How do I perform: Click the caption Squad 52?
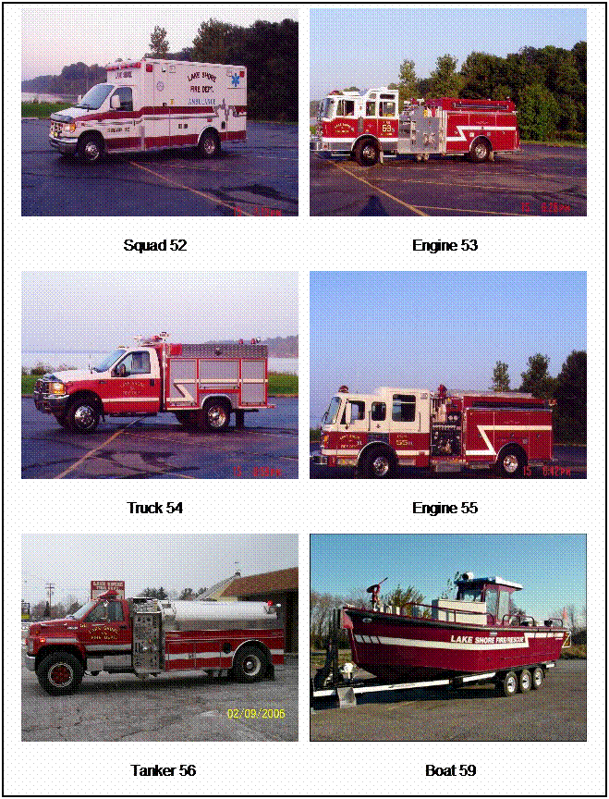[x=155, y=245]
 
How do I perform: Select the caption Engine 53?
[x=445, y=245]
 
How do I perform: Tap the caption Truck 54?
[x=155, y=508]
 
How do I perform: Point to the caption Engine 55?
[x=445, y=508]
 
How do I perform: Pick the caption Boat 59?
[x=450, y=770]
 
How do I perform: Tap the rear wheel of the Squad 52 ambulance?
[x=209, y=144]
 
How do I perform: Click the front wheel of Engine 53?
[x=366, y=151]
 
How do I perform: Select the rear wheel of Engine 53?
[x=480, y=150]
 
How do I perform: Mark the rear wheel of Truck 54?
[x=217, y=414]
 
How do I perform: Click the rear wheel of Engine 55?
[x=510, y=461]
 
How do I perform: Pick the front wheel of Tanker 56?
[x=58, y=672]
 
